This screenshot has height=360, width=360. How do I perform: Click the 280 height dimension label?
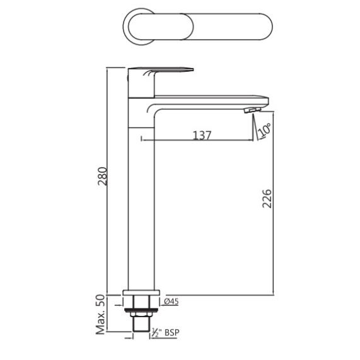click(x=102, y=176)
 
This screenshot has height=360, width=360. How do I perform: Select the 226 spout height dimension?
click(x=267, y=199)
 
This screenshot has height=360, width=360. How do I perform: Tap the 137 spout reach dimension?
click(x=202, y=136)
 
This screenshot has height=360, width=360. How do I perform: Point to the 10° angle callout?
click(x=264, y=129)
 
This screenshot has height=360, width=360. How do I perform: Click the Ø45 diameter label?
click(x=171, y=301)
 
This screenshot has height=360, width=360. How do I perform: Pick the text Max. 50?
click(x=100, y=315)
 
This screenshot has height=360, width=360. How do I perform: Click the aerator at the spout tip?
click(x=252, y=110)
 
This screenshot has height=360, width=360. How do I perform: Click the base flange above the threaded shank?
click(x=141, y=293)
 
